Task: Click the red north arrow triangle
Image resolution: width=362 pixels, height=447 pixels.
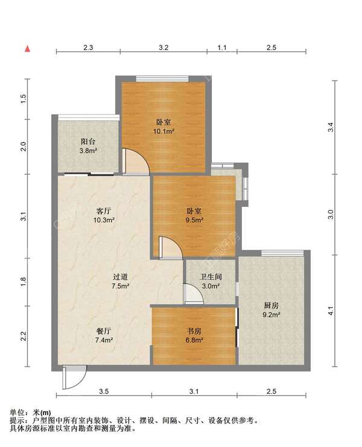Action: coord(27,49)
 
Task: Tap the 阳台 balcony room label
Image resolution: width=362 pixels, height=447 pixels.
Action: coord(88,141)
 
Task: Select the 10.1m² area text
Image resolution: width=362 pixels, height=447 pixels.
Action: coord(164,131)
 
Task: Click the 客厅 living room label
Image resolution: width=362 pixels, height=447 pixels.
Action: coord(104,211)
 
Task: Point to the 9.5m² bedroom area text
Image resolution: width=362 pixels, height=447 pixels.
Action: coord(194,220)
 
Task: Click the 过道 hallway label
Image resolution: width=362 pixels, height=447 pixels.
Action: coord(120,277)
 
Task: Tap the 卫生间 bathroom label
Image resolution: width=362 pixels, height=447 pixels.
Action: coord(211,277)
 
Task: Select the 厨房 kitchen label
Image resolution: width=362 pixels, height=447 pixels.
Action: coord(271,306)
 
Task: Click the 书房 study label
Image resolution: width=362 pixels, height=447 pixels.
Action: coord(194,331)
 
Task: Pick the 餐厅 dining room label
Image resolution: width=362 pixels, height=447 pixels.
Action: coord(104,331)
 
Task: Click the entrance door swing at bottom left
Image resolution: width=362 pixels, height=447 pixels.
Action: coord(74,378)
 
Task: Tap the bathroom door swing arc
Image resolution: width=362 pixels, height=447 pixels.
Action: coord(193,294)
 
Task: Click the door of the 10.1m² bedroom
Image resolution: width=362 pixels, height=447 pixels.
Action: coord(136,161)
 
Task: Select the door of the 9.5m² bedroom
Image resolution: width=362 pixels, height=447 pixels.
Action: coord(171,247)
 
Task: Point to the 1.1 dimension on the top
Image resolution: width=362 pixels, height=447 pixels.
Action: coord(222,48)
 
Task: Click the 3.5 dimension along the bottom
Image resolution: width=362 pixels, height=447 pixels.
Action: coord(104,392)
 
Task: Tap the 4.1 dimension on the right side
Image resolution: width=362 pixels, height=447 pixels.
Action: coord(331,311)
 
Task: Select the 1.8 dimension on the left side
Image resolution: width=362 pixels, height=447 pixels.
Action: coord(24,281)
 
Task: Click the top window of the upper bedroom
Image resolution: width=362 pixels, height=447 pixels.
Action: coord(162,78)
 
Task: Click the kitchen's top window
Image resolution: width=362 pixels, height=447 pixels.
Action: coord(282,253)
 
